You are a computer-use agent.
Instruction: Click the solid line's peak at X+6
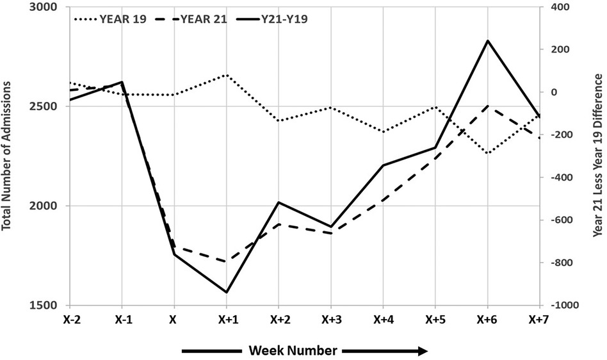[488, 41]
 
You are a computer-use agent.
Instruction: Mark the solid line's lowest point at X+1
[226, 292]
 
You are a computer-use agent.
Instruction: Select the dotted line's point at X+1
[226, 75]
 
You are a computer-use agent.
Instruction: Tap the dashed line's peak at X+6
[488, 106]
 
